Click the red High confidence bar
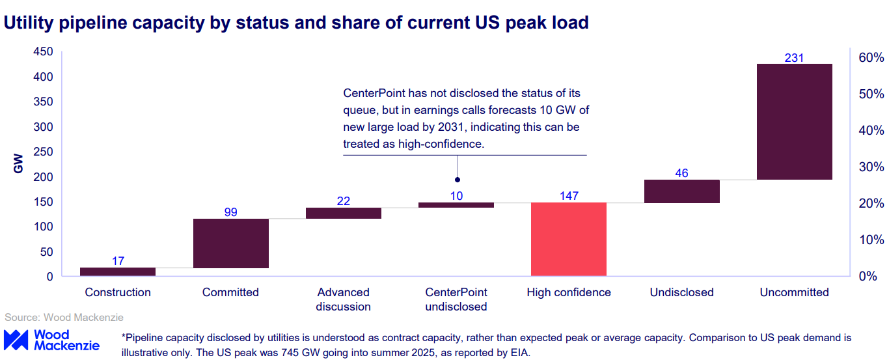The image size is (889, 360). click(568, 239)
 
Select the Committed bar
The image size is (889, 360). click(230, 243)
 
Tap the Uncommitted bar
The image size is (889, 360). click(794, 122)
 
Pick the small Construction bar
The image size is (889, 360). click(118, 271)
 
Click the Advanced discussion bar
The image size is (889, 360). click(343, 213)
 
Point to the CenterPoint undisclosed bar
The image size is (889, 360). click(456, 205)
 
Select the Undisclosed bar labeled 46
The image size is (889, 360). click(681, 191)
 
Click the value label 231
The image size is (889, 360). click(794, 58)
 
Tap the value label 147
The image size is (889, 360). click(568, 195)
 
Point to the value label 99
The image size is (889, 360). click(230, 212)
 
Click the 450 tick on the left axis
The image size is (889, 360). click(43, 53)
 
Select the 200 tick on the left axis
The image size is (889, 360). click(43, 177)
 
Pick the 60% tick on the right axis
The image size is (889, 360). click(871, 58)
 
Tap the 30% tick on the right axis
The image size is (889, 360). click(871, 167)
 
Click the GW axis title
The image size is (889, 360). click(18, 164)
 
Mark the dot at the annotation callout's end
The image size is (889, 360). click(457, 180)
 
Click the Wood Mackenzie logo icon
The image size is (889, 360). click(15, 339)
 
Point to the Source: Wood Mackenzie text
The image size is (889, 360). click(64, 318)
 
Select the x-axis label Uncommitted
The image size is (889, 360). click(794, 292)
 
